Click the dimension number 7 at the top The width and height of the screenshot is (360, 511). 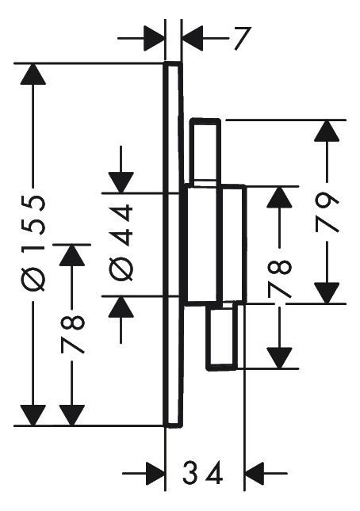pyautogui.click(x=243, y=39)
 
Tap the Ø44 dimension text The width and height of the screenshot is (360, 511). pyautogui.click(x=121, y=242)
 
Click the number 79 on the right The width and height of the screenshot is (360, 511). pyautogui.click(x=327, y=212)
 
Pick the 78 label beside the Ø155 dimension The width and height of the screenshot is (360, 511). pyautogui.click(x=72, y=334)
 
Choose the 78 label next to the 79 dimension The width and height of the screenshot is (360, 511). pyautogui.click(x=279, y=279)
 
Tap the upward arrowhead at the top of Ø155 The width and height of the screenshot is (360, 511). pyautogui.click(x=33, y=74)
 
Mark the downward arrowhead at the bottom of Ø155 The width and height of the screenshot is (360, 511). pyautogui.click(x=33, y=415)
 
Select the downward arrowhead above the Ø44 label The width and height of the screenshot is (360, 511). pyautogui.click(x=121, y=182)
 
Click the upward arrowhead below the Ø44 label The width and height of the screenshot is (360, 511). pyautogui.click(x=121, y=307)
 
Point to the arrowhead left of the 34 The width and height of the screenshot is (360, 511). pyautogui.click(x=155, y=473)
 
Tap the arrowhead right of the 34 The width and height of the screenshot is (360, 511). pyautogui.click(x=254, y=473)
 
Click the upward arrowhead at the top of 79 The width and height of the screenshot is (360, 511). pyautogui.click(x=327, y=131)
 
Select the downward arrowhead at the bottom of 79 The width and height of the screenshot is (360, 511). pyautogui.click(x=327, y=293)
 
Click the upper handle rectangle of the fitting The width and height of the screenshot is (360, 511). pyautogui.click(x=205, y=153)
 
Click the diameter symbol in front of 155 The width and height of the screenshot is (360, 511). pyautogui.click(x=33, y=280)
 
